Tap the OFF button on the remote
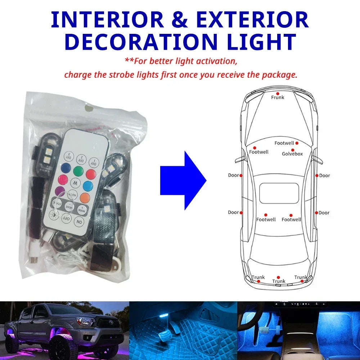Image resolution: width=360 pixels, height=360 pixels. coord(66,218)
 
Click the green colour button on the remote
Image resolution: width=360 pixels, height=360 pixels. coord(78,170)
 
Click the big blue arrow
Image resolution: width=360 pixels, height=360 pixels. coord(183,180)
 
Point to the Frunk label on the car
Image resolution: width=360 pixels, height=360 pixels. coord(278,97)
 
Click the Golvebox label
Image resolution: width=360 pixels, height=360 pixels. coord(292,154)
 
